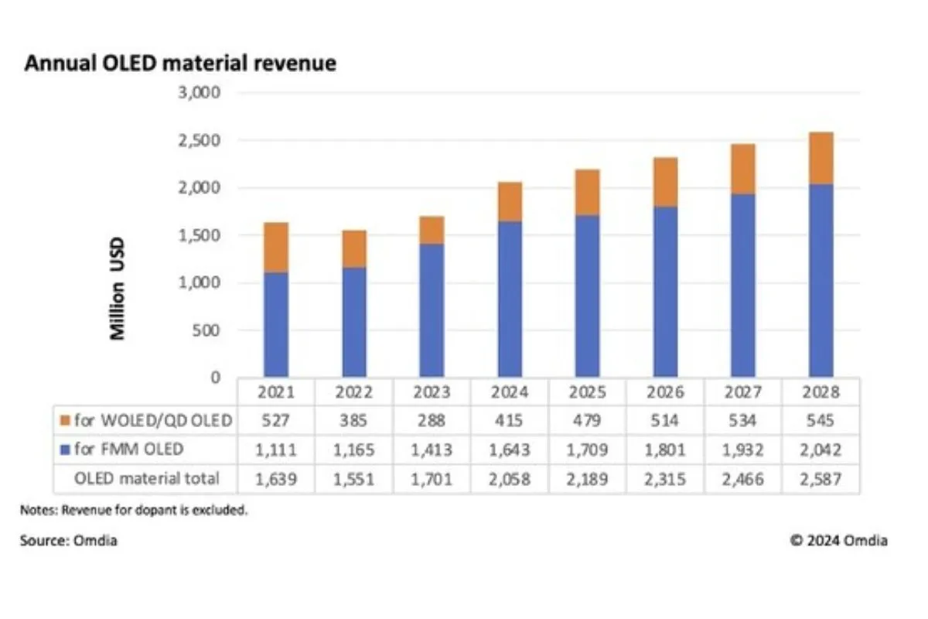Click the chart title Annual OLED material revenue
180,63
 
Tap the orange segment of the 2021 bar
276,248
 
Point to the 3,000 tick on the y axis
200,93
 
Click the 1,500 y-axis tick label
200,235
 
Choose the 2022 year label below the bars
353,392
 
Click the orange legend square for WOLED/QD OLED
65,420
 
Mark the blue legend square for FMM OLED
65,450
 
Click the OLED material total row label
146,479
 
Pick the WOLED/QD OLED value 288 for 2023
432,420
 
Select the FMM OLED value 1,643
510,450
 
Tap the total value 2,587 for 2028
821,479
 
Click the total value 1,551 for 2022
353,479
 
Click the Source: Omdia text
69,541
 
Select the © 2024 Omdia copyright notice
838,541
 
